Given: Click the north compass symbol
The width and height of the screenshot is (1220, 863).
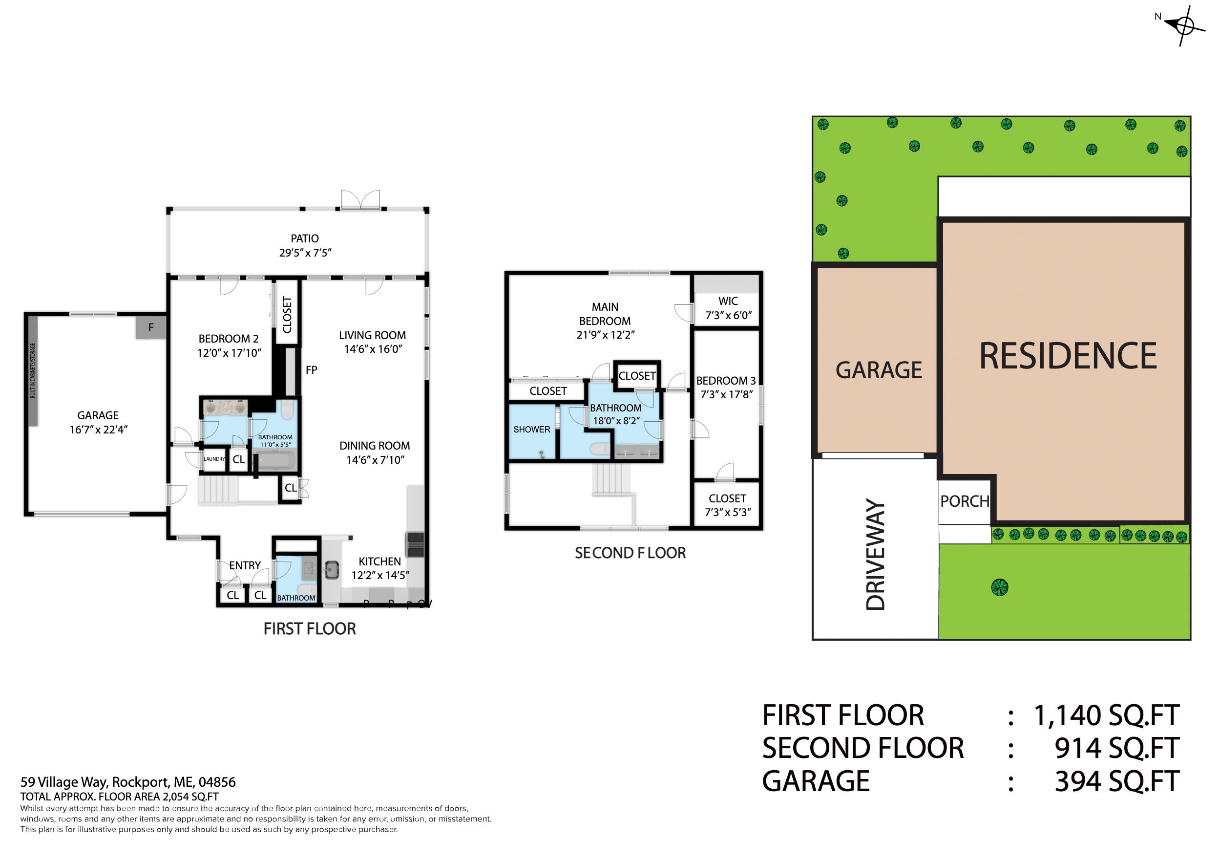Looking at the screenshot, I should tap(1185, 25).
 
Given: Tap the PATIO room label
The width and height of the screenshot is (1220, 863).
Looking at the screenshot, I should tap(304, 239).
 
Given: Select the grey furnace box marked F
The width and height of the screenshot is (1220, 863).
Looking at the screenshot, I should tap(151, 327).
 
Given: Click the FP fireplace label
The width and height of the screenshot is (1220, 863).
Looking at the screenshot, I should tap(312, 369).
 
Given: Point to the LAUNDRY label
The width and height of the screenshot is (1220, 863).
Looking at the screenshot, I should tap(214, 459).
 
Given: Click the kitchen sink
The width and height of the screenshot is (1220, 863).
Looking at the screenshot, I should tap(332, 569).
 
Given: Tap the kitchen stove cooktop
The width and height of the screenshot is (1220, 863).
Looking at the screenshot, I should tap(415, 544).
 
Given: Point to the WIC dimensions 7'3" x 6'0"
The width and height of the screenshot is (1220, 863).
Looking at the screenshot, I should tap(728, 315).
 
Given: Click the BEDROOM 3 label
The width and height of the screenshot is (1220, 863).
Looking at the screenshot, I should tap(726, 381).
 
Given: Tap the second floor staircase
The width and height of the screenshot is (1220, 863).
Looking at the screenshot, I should tap(611, 479).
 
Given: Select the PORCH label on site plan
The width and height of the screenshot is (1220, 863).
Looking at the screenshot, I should tap(965, 501).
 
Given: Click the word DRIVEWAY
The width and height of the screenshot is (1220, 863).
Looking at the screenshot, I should tap(876, 554).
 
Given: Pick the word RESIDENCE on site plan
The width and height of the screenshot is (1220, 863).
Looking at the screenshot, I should tap(1068, 356).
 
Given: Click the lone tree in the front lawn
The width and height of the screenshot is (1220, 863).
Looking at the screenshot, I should tap(999, 587).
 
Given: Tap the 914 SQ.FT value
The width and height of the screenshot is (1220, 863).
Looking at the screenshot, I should tap(1116, 748).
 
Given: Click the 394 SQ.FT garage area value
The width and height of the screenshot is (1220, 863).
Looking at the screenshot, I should tap(1116, 782).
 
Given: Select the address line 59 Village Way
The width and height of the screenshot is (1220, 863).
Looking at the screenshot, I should tap(127, 782).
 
